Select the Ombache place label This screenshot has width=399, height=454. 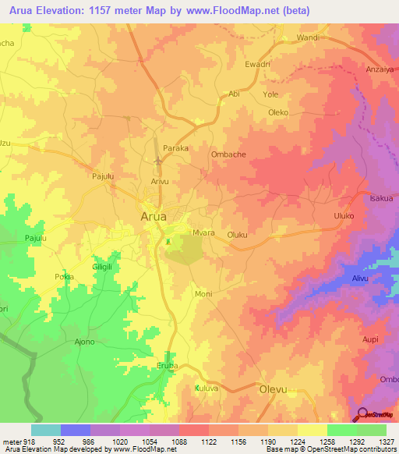228,154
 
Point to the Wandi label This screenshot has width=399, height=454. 308,37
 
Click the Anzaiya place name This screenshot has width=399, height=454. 380,69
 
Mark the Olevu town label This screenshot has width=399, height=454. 274,388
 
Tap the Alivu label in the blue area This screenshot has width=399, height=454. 359,278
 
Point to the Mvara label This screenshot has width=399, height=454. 203,233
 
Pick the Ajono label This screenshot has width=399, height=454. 83,342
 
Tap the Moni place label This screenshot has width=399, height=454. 203,294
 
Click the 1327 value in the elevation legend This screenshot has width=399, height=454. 386,441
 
